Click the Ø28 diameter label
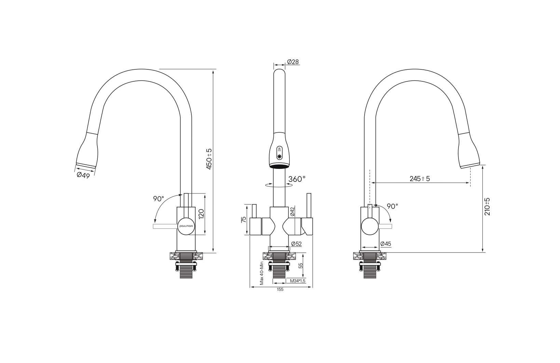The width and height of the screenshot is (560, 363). click(x=293, y=62)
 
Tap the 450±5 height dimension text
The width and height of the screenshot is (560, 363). click(x=209, y=159)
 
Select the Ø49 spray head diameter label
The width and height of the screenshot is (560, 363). click(x=83, y=175)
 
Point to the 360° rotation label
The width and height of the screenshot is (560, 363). click(x=297, y=179)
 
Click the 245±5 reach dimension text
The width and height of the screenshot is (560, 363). click(x=420, y=179)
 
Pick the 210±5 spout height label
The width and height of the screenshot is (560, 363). click(x=487, y=207)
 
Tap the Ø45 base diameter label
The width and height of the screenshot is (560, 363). click(x=385, y=244)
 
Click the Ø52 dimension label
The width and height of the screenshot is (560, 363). click(x=297, y=244)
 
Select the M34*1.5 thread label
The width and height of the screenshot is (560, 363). click(x=298, y=281)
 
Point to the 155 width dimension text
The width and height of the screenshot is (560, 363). click(x=280, y=290)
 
